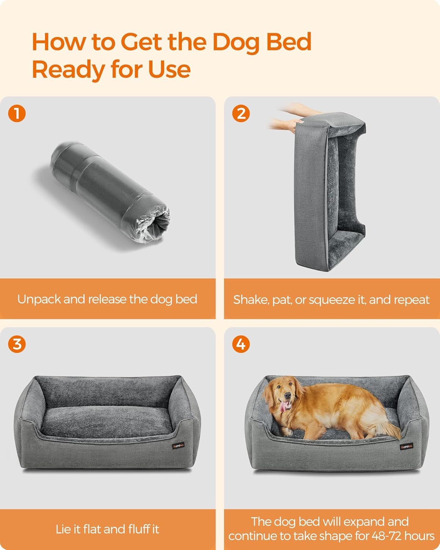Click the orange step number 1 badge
(x=17, y=114)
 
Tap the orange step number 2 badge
(x=241, y=114)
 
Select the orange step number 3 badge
(x=17, y=344)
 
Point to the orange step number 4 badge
(x=241, y=344)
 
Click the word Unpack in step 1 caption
(x=39, y=300)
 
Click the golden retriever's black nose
(x=289, y=396)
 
